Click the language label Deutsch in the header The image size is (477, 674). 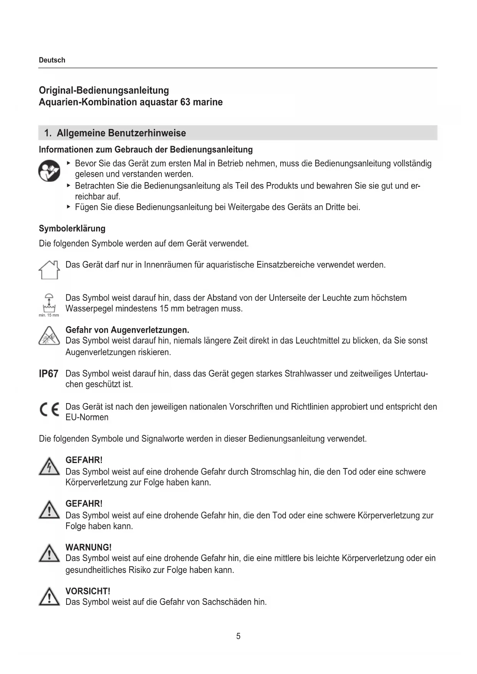(52, 60)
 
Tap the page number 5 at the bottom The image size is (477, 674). (238, 636)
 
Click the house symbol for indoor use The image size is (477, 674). (49, 269)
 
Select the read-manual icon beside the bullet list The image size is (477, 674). (49, 171)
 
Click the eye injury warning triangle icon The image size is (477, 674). (49, 336)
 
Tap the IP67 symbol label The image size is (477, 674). (49, 374)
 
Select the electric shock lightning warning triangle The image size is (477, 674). (49, 466)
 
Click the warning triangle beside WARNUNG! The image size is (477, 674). (49, 554)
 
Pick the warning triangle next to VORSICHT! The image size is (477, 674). (49, 597)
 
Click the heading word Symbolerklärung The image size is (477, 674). (72, 229)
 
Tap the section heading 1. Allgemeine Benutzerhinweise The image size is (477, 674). (115, 133)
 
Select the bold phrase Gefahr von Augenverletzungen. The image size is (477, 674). (127, 330)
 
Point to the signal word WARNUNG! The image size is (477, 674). (88, 548)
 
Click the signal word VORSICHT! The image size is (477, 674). (88, 591)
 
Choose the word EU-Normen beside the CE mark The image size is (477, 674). (87, 417)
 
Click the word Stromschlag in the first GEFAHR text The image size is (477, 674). (273, 472)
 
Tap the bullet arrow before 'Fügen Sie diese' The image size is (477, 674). (68, 207)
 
